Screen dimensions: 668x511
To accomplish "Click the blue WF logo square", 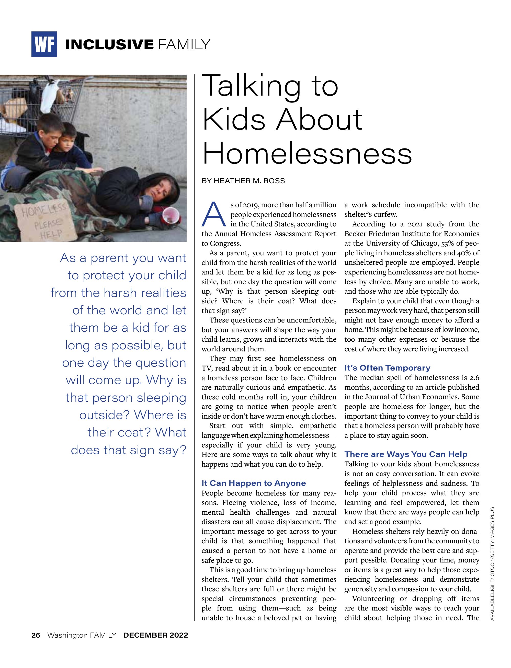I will tap(44, 44).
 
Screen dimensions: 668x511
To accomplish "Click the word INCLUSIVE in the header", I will tap(109, 45).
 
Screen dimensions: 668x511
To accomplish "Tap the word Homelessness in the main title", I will tap(307, 154).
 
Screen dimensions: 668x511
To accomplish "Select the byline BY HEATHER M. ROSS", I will tap(243, 181).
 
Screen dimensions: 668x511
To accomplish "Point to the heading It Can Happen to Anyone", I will tap(254, 483).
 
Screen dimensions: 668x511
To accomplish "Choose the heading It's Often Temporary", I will tap(387, 368).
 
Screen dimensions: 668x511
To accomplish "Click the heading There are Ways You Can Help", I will tap(406, 454).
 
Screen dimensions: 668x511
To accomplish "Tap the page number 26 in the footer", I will tap(36, 635).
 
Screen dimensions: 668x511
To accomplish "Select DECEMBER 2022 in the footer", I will tap(156, 635).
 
